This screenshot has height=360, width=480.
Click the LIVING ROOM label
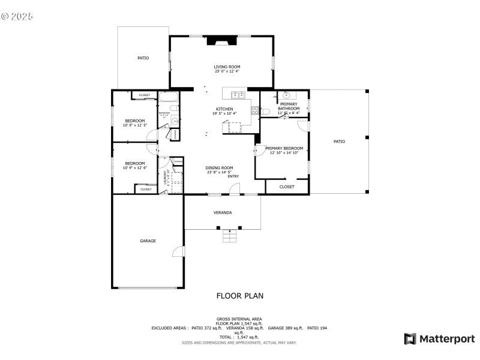click(227, 67)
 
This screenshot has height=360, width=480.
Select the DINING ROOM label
click(219, 168)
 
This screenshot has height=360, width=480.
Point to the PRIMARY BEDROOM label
click(284, 148)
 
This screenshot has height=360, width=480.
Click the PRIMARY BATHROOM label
click(289, 106)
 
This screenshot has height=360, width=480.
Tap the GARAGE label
click(148, 241)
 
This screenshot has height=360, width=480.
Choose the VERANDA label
click(223, 212)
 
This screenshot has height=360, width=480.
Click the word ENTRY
click(233, 176)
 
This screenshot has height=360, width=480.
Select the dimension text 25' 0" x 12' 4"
click(227, 71)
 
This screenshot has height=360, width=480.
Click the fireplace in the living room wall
click(222, 41)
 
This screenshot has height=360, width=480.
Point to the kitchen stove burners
click(254, 110)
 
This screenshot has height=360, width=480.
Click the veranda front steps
click(230, 236)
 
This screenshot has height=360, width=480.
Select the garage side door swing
click(179, 252)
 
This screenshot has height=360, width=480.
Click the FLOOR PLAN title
click(239, 296)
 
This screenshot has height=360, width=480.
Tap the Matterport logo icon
click(410, 339)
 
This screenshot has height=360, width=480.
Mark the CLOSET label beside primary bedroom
click(287, 187)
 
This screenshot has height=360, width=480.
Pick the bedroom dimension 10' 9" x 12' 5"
click(134, 125)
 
